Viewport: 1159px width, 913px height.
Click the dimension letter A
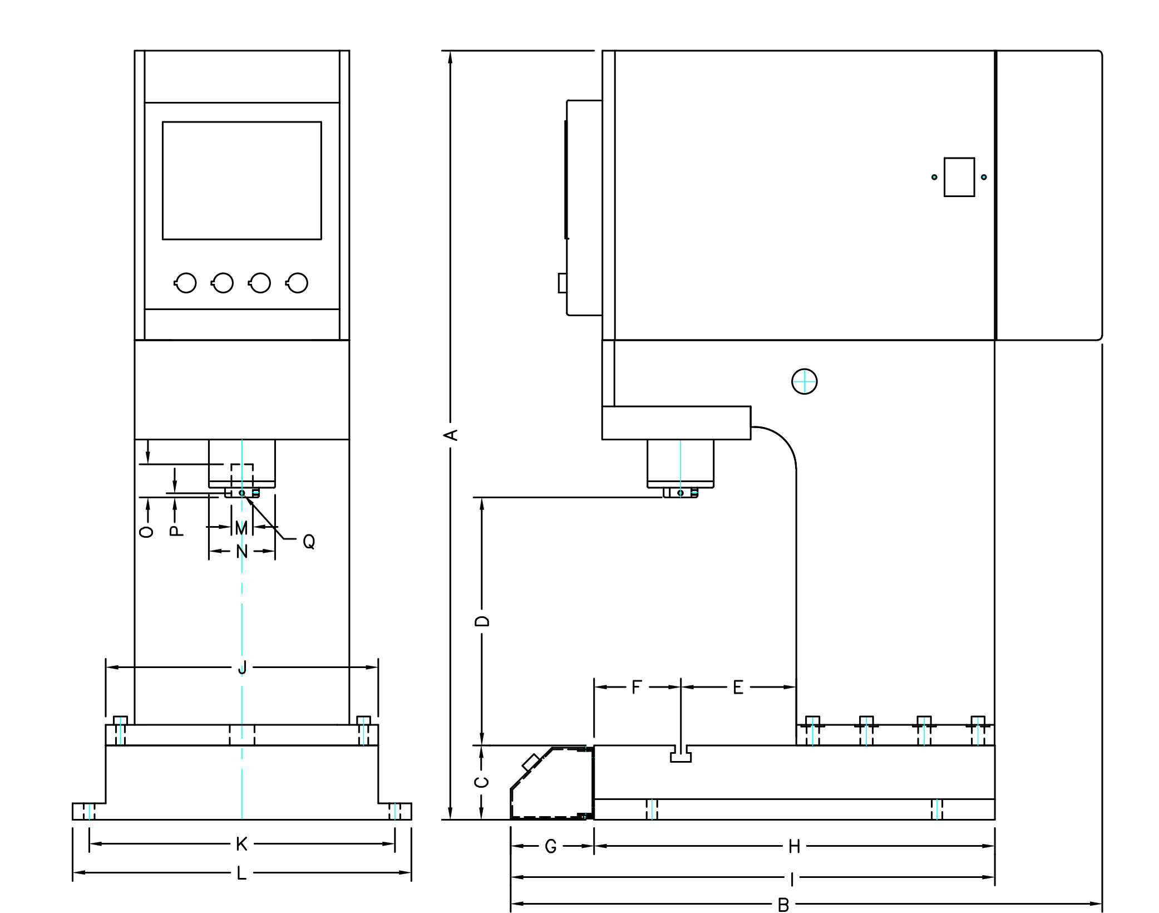453,435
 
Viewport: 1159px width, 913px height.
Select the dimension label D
482,621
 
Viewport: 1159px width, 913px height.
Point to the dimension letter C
482,782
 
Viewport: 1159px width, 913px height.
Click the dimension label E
738,688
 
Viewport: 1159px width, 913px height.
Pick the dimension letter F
637,688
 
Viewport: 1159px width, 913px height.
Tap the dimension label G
551,847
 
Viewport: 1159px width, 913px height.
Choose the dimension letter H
794,847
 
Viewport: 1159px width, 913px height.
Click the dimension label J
242,667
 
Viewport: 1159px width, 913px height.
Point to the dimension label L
241,873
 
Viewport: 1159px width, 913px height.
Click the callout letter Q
309,542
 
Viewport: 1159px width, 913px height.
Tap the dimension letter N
241,552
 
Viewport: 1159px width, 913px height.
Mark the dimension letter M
241,528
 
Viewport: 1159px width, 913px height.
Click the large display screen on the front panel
242,181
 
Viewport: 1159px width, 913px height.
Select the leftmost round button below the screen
185,283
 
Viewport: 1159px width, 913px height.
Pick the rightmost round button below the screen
297,283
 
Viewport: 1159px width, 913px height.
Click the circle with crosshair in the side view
805,382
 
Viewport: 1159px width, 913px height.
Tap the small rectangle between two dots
959,177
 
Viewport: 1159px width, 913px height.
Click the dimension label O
146,531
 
